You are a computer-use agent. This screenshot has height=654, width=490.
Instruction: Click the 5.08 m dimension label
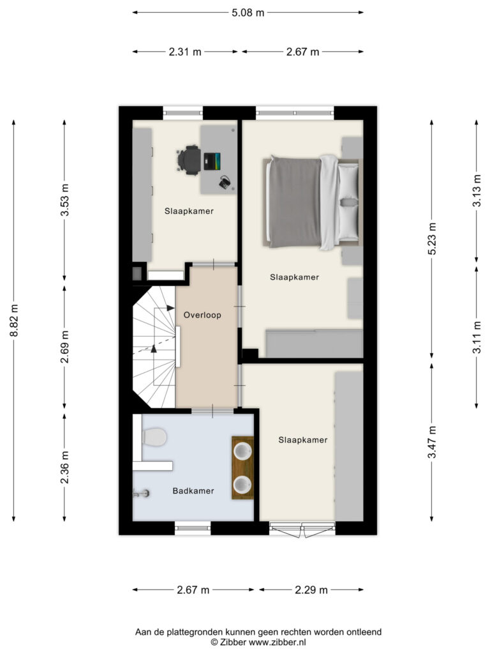pyautogui.click(x=248, y=13)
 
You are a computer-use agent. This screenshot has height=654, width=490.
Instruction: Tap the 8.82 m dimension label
pyautogui.click(x=14, y=321)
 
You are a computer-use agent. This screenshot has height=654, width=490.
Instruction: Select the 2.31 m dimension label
pyautogui.click(x=185, y=52)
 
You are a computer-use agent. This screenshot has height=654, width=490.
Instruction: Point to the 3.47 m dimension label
pyautogui.click(x=432, y=442)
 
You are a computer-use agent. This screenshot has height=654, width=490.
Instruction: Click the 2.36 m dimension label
pyautogui.click(x=64, y=468)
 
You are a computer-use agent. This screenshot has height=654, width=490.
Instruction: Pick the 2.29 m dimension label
pyautogui.click(x=311, y=589)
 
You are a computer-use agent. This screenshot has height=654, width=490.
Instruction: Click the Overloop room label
pyautogui.click(x=202, y=315)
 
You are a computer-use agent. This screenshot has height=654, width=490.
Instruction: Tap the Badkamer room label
pyautogui.click(x=193, y=491)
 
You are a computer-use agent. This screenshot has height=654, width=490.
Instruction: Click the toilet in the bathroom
pyautogui.click(x=154, y=437)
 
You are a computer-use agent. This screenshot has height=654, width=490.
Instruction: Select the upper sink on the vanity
pyautogui.click(x=242, y=451)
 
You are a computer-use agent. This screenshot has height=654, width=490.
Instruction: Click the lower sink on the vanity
pyautogui.click(x=242, y=485)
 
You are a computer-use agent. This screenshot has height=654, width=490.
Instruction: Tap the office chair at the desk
pyautogui.click(x=189, y=160)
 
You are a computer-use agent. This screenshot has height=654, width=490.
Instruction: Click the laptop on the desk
pyautogui.click(x=212, y=162)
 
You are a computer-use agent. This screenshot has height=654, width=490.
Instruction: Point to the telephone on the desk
pyautogui.click(x=225, y=182)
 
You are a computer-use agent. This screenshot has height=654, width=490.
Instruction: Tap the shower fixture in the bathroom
pyautogui.click(x=142, y=494)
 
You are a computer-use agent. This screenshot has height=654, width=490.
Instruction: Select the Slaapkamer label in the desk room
pyautogui.click(x=189, y=211)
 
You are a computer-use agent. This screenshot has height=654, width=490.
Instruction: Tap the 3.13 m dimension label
pyautogui.click(x=477, y=190)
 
